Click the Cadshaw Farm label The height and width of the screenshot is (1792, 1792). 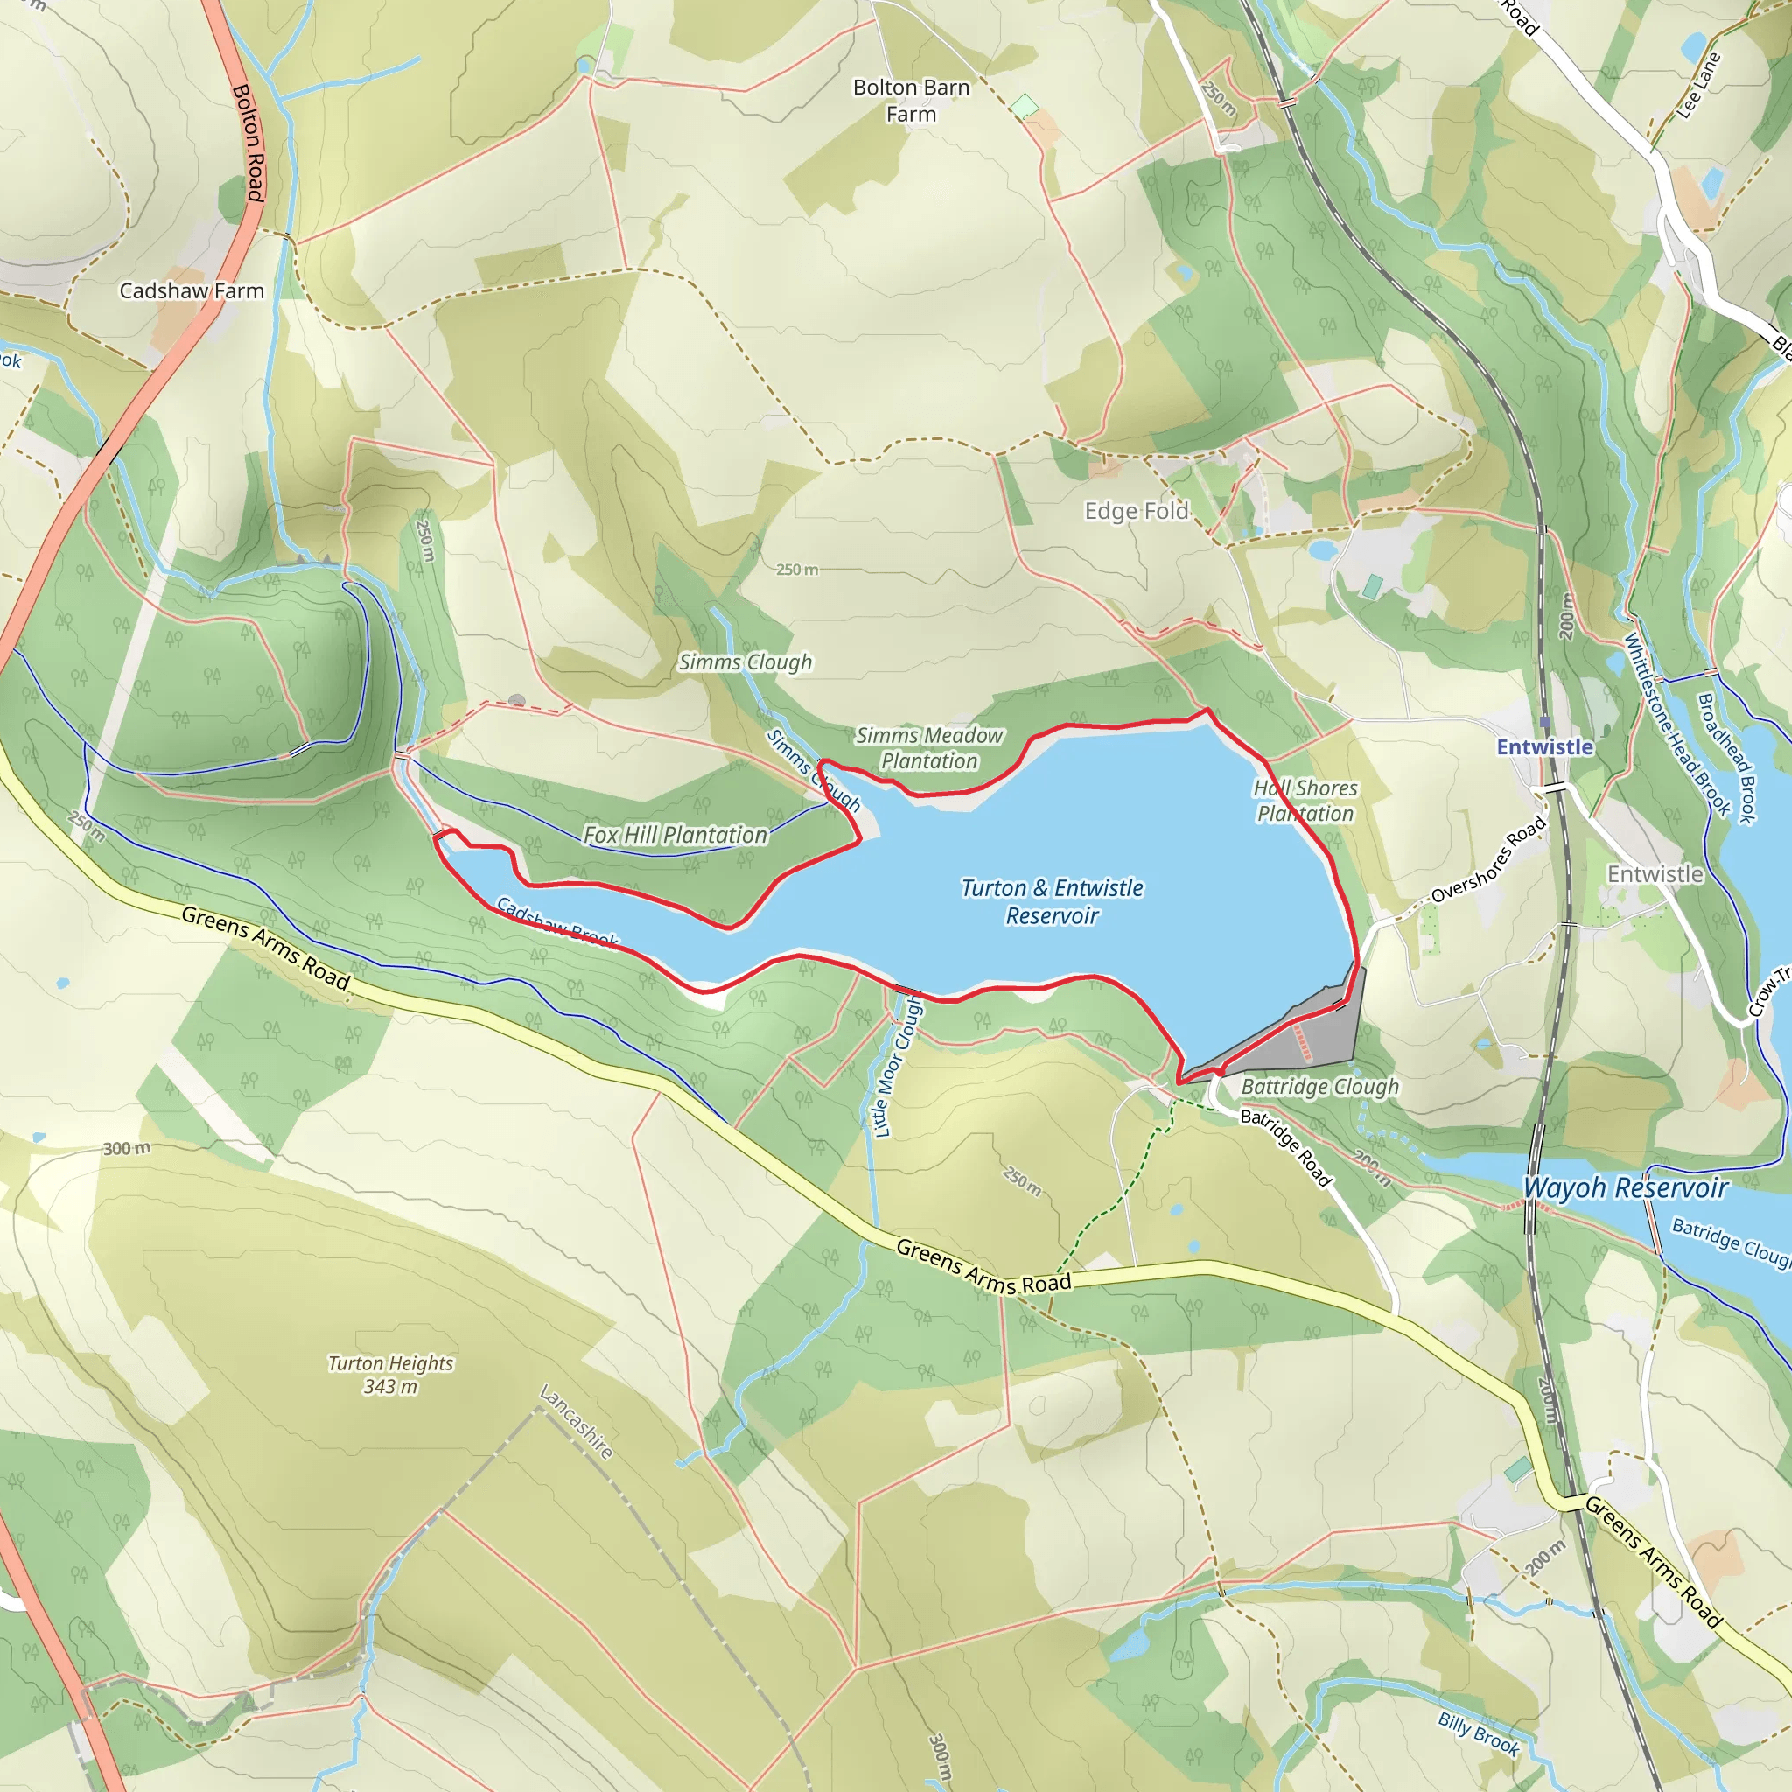click(x=191, y=291)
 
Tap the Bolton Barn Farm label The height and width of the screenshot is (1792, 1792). click(x=911, y=100)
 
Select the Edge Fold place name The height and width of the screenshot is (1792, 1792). click(x=1137, y=511)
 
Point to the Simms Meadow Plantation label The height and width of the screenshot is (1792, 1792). click(x=928, y=747)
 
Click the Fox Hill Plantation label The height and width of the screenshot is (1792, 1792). click(x=675, y=835)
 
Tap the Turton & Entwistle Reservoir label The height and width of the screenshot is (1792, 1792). click(x=1052, y=901)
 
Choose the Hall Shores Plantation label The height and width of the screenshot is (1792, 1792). click(x=1305, y=801)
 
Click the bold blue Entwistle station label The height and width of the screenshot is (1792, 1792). click(x=1544, y=746)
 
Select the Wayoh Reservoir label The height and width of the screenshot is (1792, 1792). click(x=1626, y=1187)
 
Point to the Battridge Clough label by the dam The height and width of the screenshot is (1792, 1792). click(x=1319, y=1086)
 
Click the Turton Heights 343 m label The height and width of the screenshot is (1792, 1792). click(x=390, y=1375)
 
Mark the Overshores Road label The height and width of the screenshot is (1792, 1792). click(x=1487, y=860)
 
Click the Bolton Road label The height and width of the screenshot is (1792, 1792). click(x=248, y=142)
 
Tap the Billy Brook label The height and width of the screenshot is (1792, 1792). click(x=1479, y=1733)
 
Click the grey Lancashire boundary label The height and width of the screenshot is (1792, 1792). click(x=576, y=1422)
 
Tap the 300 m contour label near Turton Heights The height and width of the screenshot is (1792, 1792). click(x=126, y=1148)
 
